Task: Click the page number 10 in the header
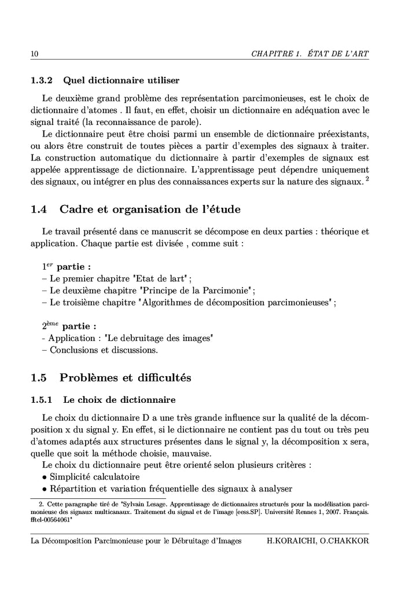click(x=34, y=54)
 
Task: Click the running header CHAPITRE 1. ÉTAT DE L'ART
click(x=310, y=54)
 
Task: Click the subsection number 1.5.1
click(x=42, y=399)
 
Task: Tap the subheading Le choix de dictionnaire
click(x=119, y=399)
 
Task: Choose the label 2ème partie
click(x=68, y=326)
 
